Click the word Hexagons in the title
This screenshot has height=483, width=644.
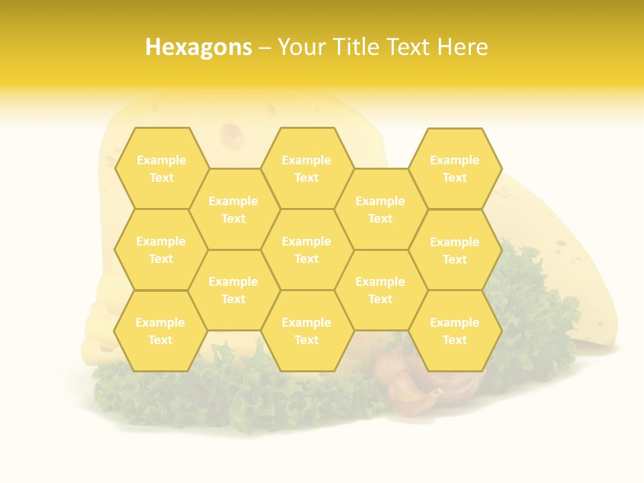(x=199, y=47)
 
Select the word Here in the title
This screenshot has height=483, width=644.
(x=462, y=47)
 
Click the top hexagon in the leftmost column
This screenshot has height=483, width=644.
(x=161, y=168)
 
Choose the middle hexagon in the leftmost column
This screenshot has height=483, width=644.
(x=161, y=250)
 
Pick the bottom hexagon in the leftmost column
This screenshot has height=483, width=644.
(x=160, y=331)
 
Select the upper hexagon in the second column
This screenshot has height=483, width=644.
(x=233, y=209)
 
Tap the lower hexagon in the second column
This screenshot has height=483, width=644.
(x=233, y=290)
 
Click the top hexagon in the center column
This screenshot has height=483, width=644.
(x=307, y=168)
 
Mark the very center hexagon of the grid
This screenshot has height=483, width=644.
(x=307, y=250)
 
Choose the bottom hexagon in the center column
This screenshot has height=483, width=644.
(x=307, y=331)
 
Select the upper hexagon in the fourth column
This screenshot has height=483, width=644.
(x=380, y=209)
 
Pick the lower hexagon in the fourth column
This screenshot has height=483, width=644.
(x=380, y=290)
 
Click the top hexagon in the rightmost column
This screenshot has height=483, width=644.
(x=455, y=168)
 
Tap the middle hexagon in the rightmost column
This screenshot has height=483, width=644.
(x=455, y=250)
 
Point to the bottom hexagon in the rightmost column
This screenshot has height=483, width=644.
(x=455, y=331)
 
